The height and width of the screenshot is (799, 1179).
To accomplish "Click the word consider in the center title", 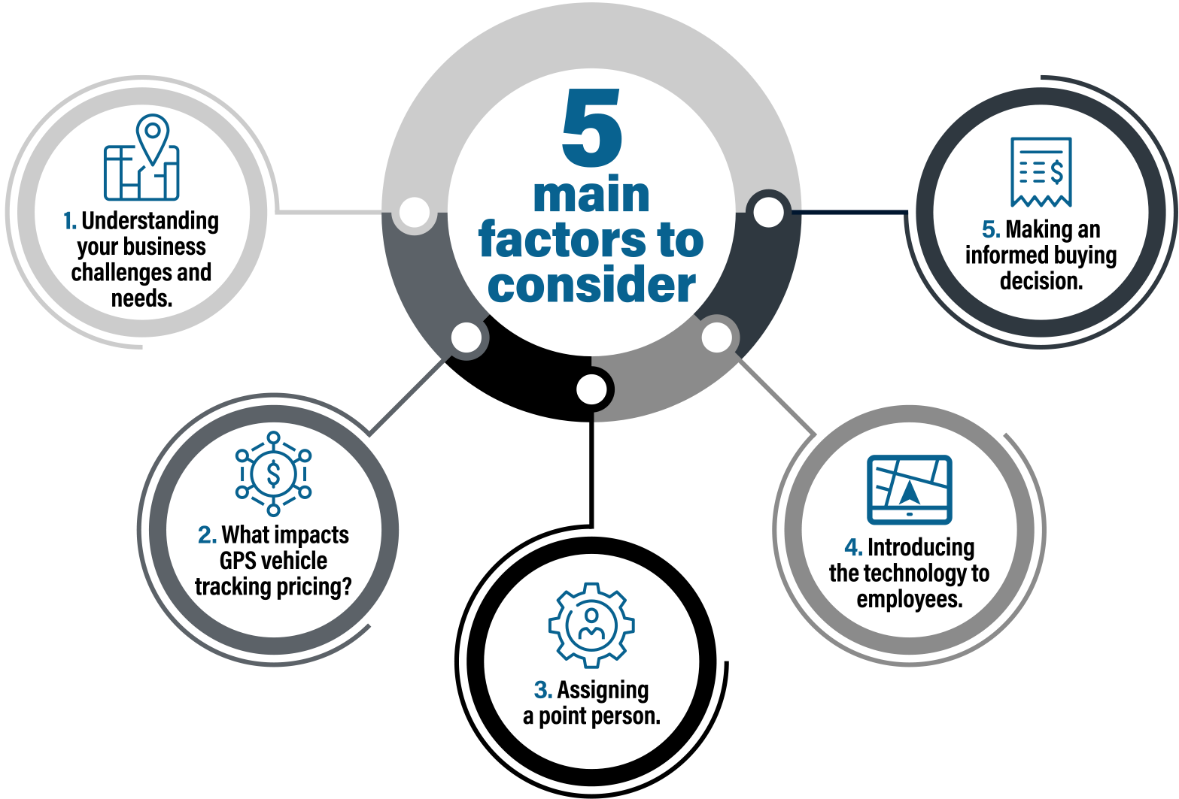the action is coord(591,284).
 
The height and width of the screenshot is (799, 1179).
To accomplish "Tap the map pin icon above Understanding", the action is coord(141,157).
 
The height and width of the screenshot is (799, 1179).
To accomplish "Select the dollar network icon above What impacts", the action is coord(273,474).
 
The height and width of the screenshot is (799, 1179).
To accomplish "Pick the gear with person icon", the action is coord(591,625).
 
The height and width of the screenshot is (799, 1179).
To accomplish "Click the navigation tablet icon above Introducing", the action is coord(910,489).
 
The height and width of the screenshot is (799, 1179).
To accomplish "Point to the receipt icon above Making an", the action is coord(1041,172).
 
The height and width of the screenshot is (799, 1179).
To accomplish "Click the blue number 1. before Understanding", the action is coord(70,221).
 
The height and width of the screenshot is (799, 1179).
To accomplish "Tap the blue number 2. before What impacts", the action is coord(207,535).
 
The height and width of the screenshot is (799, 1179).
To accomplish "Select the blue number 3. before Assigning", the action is coord(543,690).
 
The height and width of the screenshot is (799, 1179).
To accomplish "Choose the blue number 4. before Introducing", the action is coord(854,547).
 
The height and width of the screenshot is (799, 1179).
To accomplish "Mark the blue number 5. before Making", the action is coord(991,230).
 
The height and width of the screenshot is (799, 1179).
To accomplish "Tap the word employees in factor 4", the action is coord(910,600).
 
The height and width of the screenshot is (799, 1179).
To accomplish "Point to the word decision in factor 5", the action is coord(1041,281).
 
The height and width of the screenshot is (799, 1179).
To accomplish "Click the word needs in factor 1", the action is coord(141,298).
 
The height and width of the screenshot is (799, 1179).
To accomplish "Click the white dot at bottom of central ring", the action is coord(591,389).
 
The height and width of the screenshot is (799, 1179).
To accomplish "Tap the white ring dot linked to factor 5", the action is coord(768,212).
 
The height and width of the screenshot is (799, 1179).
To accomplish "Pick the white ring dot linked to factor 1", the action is coord(415,213).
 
